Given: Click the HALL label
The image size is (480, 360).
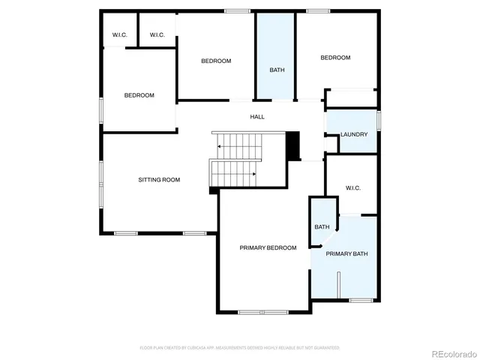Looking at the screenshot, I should click(x=257, y=116).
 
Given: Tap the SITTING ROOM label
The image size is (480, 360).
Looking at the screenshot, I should click(x=159, y=179).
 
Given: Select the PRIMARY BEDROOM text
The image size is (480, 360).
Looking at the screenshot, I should click(x=268, y=247).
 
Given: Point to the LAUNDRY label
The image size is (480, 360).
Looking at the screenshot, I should click(x=354, y=134).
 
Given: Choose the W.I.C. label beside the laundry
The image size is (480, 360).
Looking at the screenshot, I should click(x=353, y=187).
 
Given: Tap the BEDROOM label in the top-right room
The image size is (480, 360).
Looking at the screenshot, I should click(x=335, y=58).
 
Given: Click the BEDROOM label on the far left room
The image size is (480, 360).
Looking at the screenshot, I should click(x=139, y=95).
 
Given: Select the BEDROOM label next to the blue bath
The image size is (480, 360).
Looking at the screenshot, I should click(x=216, y=61).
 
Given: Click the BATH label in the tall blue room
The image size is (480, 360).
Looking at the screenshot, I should click(x=277, y=70).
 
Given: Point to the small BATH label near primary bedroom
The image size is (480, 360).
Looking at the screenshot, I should click(x=322, y=226).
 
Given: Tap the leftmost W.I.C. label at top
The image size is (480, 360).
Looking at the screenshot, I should click(x=119, y=34).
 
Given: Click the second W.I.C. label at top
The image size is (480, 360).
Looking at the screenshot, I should click(x=157, y=34).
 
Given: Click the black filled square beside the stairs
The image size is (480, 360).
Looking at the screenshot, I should click(x=292, y=145).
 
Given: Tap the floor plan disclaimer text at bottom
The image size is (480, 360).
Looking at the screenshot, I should click(x=240, y=347).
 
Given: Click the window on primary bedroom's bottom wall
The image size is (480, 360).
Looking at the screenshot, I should click(x=262, y=311).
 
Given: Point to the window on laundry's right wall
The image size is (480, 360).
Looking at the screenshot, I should click(x=379, y=121).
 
